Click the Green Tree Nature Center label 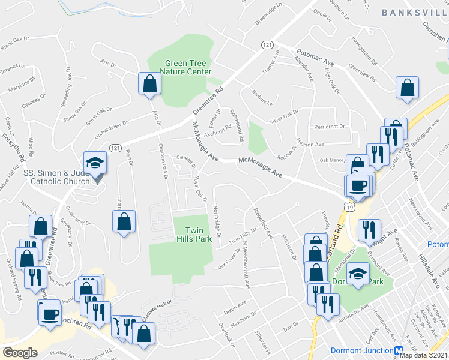click(188, 67)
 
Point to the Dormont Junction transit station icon click(399, 350)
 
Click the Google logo click(20, 353)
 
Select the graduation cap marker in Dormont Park click(358, 275)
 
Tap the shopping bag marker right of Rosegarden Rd click(408, 88)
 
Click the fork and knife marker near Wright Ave click(366, 230)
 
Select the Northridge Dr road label click(218, 223)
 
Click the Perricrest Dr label click(330, 127)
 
